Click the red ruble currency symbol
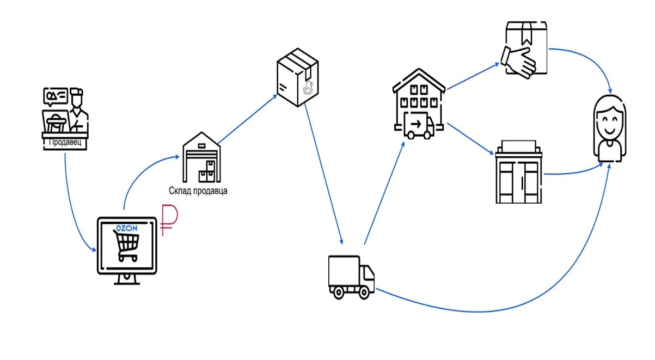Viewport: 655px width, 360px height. click(167, 221)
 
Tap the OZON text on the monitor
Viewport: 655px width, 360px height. click(126, 228)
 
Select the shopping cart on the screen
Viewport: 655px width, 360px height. click(125, 246)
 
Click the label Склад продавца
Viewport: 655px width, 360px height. click(198, 191)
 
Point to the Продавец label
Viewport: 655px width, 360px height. click(65, 142)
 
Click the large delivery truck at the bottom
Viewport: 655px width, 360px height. click(351, 277)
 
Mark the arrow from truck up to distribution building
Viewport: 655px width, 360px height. click(384, 191)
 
